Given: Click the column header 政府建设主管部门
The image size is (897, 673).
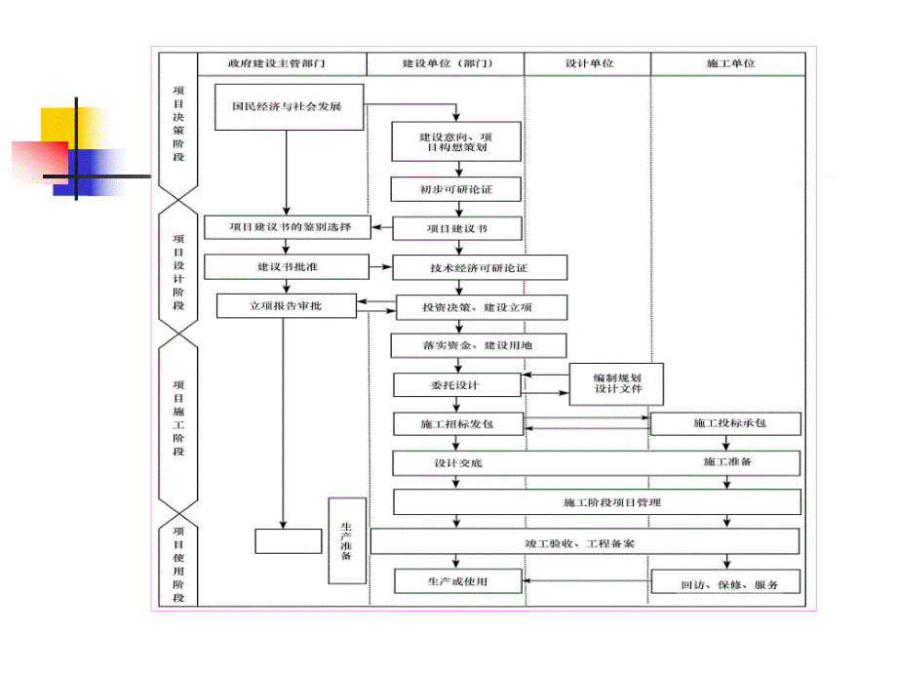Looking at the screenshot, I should pyautogui.click(x=283, y=63).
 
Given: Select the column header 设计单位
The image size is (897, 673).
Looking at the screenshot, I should pyautogui.click(x=588, y=63).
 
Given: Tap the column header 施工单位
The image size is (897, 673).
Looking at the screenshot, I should pyautogui.click(x=729, y=63).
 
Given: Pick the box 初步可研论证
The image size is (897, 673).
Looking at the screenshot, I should pyautogui.click(x=456, y=188).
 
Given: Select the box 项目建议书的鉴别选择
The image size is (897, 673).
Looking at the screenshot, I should pyautogui.click(x=287, y=227).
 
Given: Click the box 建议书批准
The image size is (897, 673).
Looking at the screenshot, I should pyautogui.click(x=287, y=266).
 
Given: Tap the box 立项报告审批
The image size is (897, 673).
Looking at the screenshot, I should pyautogui.click(x=287, y=306).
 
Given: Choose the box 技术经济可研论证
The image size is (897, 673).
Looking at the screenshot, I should pyautogui.click(x=479, y=267).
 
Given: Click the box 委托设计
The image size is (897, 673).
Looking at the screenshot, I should pyautogui.click(x=456, y=385).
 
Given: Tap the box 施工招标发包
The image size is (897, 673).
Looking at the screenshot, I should pyautogui.click(x=456, y=424).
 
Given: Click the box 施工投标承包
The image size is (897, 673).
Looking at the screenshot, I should pyautogui.click(x=725, y=424).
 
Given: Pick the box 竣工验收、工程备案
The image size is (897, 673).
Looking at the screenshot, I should pyautogui.click(x=585, y=542).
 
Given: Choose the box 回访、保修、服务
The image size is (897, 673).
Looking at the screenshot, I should pyautogui.click(x=725, y=582).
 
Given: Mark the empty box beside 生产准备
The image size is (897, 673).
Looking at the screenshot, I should pyautogui.click(x=288, y=540).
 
